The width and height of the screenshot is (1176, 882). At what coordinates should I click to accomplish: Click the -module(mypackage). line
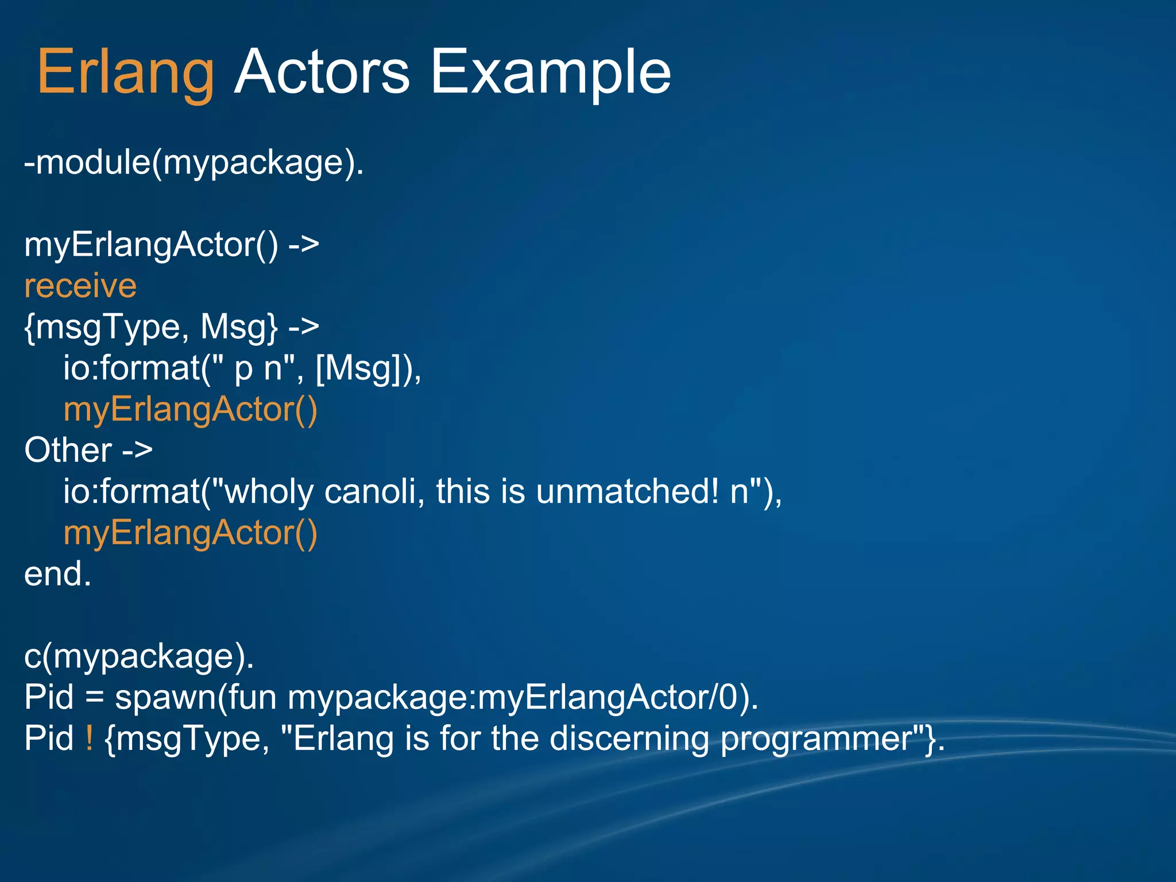click(x=194, y=163)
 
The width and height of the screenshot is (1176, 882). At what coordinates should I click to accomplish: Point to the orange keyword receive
click(x=80, y=286)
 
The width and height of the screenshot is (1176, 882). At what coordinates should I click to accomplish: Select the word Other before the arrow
click(x=68, y=450)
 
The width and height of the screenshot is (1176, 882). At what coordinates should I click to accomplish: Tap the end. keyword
click(x=57, y=574)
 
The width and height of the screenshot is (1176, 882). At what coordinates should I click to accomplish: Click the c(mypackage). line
click(x=139, y=656)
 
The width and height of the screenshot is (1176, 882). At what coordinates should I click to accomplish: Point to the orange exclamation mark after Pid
click(x=89, y=738)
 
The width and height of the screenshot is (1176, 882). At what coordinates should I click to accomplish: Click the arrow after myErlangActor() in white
click(x=303, y=245)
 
